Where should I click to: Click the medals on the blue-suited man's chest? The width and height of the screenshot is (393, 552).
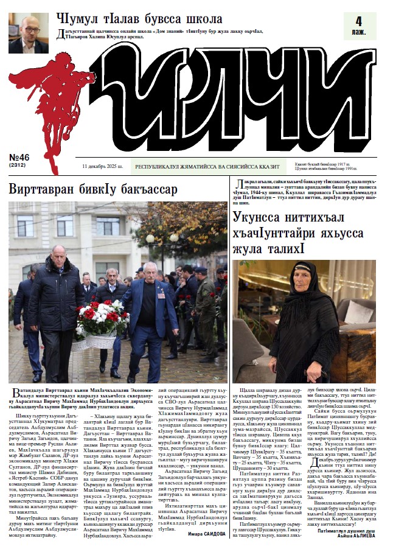tap(161, 293)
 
